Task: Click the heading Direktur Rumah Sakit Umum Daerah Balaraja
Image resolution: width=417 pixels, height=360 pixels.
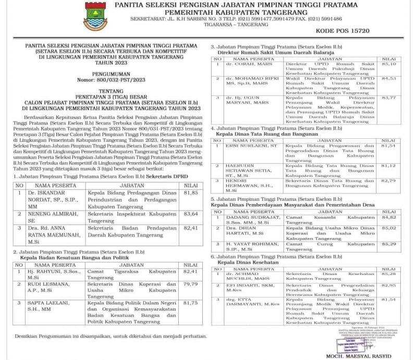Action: click(x=268, y=54)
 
